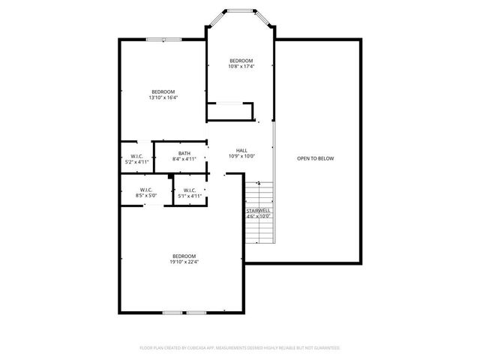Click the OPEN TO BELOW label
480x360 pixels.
[315, 158]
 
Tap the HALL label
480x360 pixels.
[241, 150]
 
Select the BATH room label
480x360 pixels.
[184, 154]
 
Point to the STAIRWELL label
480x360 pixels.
[258, 211]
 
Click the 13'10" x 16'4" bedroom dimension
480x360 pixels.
[163, 97]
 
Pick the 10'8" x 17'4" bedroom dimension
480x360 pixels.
[241, 67]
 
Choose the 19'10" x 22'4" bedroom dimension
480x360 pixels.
[184, 262]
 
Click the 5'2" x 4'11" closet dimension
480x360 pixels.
[136, 162]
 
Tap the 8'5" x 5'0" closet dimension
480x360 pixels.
[146, 196]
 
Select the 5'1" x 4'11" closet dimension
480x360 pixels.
[190, 196]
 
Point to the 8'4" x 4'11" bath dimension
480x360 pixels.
[184, 159]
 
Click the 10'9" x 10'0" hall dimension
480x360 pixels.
[241, 156]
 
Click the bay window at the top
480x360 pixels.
[241, 10]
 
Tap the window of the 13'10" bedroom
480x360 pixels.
[163, 39]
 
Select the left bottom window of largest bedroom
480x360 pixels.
[172, 311]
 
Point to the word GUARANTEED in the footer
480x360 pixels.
[323, 348]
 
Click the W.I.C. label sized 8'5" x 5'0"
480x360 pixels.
[146, 190]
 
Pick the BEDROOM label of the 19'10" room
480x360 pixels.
[184, 256]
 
